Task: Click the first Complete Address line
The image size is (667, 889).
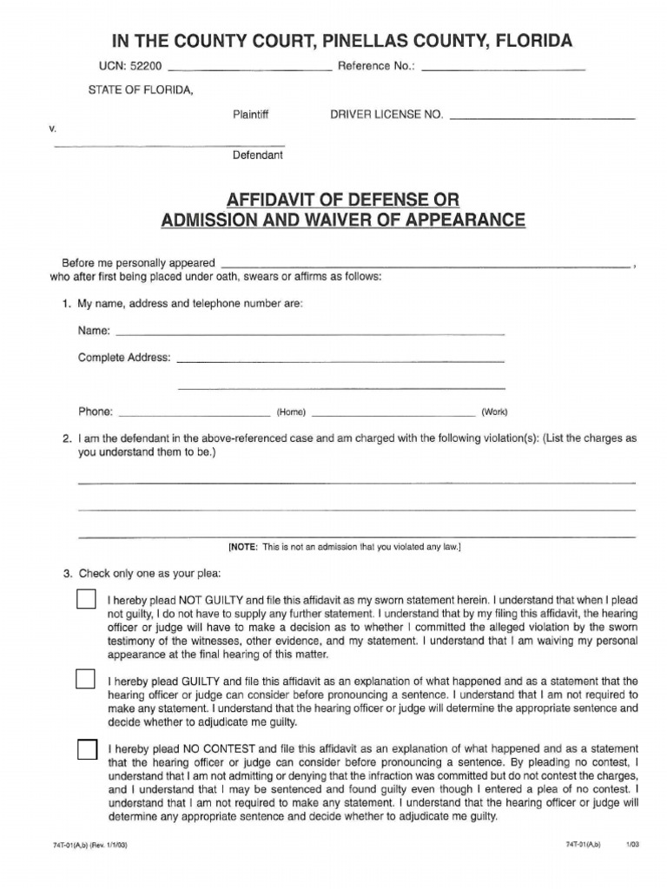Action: click(x=340, y=359)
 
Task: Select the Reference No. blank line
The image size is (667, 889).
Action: click(x=503, y=67)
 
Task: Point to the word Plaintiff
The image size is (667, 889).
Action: click(x=251, y=114)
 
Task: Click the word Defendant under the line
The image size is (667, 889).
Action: click(x=257, y=156)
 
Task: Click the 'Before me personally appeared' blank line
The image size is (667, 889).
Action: click(x=426, y=264)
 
